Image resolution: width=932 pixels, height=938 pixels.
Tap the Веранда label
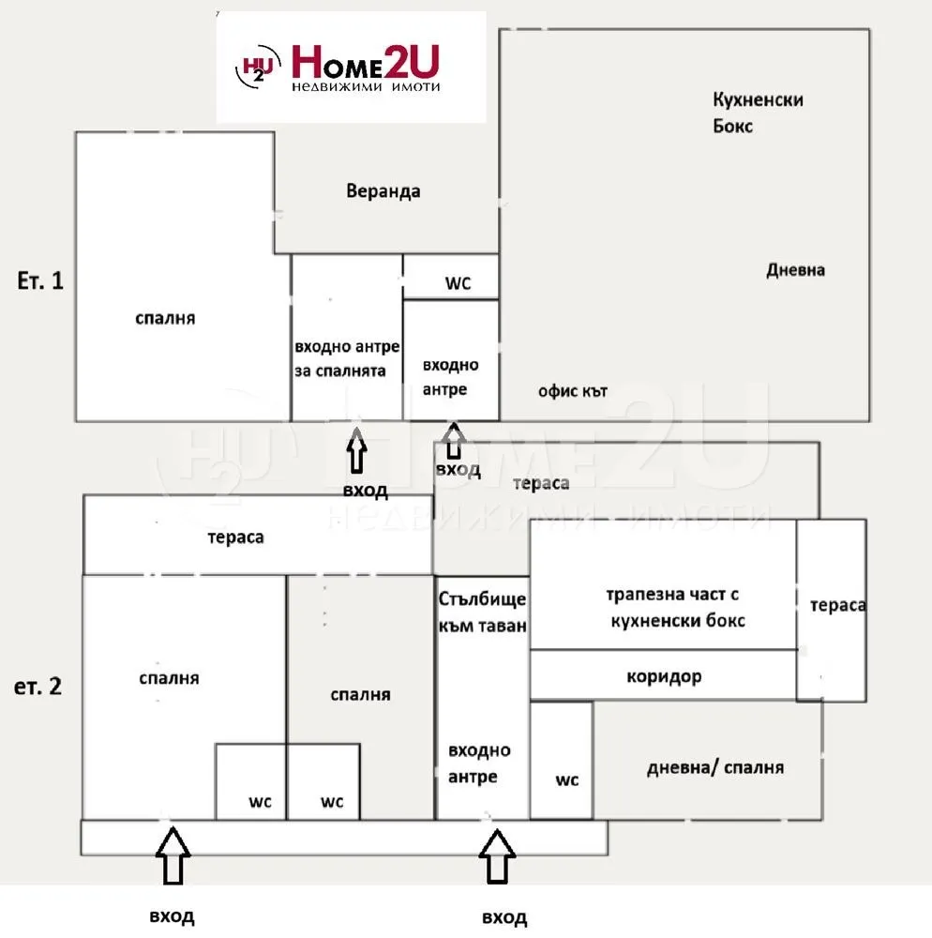(x=383, y=191)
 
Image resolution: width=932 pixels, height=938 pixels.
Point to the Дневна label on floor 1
(x=795, y=270)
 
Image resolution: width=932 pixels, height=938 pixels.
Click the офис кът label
(x=572, y=391)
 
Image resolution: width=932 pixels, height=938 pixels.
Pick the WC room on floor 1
(x=450, y=278)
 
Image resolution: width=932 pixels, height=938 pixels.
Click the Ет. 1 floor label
(x=41, y=280)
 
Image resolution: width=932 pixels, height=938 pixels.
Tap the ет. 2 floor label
(x=40, y=686)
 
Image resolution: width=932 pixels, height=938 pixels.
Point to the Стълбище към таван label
(x=482, y=612)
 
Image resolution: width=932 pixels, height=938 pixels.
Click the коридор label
(x=664, y=676)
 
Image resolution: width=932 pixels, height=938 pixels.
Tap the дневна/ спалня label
(x=714, y=767)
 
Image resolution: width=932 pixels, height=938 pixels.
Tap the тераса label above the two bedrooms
(x=235, y=537)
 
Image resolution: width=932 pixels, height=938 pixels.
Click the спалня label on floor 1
(x=165, y=318)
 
